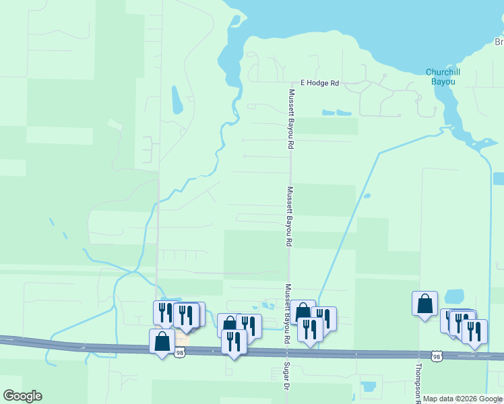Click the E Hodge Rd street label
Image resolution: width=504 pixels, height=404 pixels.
tap(319, 83)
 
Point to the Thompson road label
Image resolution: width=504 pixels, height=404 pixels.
tap(418, 382)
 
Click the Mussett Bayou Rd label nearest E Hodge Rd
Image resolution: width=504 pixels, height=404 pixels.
tap(291, 119)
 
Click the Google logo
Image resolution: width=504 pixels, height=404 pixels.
tap(22, 396)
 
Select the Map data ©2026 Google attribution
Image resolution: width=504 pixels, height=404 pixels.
tap(462, 399)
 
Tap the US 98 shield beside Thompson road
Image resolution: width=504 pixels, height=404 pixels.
tap(437, 356)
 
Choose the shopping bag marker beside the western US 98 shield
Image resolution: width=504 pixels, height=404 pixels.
tap(162, 340)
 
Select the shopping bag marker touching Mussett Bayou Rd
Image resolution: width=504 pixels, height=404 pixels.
tap(303, 312)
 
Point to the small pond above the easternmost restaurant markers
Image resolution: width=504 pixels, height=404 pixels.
tap(454, 296)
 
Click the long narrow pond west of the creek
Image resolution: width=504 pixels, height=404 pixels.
tap(176, 100)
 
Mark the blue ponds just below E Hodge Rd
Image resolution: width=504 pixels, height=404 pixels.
tap(337, 112)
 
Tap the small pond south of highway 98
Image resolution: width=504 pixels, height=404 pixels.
tap(369, 387)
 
